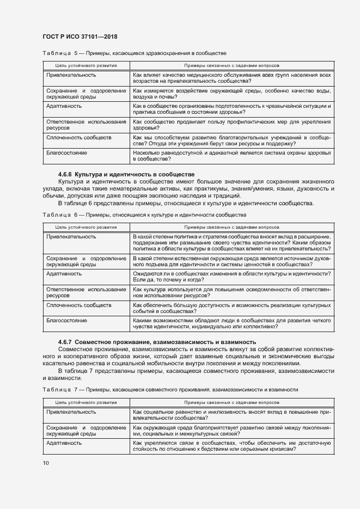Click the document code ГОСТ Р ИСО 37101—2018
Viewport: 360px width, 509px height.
[x=80, y=36]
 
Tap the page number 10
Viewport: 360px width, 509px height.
[x=46, y=463]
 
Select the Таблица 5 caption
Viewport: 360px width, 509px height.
[x=134, y=53]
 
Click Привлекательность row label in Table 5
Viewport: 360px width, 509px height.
[x=71, y=75]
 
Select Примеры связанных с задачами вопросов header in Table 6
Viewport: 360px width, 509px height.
[x=231, y=226]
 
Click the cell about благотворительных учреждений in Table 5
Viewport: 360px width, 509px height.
[x=231, y=141]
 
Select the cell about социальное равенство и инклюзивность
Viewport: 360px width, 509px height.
[x=231, y=416]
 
